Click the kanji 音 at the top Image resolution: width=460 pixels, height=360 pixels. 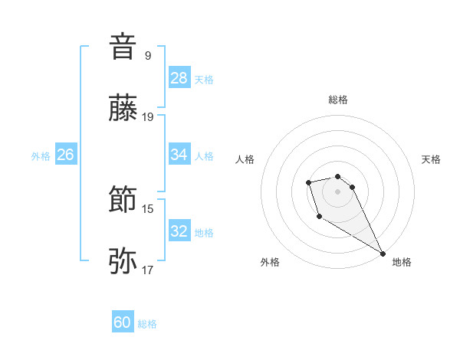[x=123, y=47]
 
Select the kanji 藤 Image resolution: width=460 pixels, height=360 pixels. [x=123, y=110]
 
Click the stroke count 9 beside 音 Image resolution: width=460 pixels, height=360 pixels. [x=148, y=55]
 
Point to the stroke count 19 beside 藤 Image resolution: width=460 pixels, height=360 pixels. [x=149, y=117]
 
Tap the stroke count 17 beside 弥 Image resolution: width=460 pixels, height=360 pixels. [x=149, y=270]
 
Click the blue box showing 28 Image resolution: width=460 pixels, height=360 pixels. [x=179, y=78]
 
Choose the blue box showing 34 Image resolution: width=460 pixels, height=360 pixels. [x=179, y=155]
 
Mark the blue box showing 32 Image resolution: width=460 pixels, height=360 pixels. [x=179, y=232]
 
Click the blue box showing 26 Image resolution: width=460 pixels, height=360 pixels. [x=65, y=155]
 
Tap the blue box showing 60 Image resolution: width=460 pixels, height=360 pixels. [x=123, y=323]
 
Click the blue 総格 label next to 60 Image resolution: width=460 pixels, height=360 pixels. [x=147, y=324]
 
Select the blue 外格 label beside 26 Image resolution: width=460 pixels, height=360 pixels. [x=41, y=156]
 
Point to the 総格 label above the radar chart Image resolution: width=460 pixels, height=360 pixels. [x=338, y=100]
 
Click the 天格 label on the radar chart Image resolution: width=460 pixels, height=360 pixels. [x=432, y=159]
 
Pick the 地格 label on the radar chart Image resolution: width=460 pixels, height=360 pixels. [x=402, y=262]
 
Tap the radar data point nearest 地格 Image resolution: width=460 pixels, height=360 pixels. [x=383, y=254]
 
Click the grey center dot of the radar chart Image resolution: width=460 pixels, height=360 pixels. [x=338, y=191]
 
